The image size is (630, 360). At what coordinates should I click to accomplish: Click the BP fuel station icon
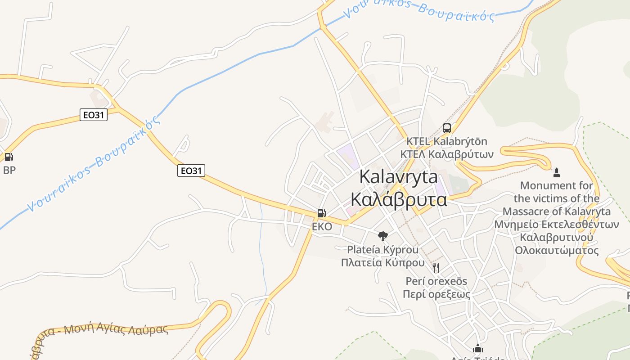click(x=9, y=157)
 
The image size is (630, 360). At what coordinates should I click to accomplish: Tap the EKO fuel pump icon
click(x=321, y=213)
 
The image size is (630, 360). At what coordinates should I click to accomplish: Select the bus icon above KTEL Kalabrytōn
click(x=446, y=128)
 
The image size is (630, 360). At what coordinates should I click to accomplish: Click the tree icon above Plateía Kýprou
click(x=382, y=235)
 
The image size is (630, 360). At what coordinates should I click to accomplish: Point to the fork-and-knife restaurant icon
click(x=436, y=268)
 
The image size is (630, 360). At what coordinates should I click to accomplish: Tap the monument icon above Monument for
click(x=556, y=172)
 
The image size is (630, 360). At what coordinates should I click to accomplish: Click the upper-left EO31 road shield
click(x=94, y=115)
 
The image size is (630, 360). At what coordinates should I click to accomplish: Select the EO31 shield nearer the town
click(x=191, y=171)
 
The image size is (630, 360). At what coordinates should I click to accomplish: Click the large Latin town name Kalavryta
click(x=398, y=176)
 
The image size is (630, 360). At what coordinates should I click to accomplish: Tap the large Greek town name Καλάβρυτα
click(x=398, y=199)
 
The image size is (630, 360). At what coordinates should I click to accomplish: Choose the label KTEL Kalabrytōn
click(x=446, y=141)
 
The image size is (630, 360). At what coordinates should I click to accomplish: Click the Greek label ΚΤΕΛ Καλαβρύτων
click(x=446, y=154)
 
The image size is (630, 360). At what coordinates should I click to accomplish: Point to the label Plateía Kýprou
click(x=382, y=249)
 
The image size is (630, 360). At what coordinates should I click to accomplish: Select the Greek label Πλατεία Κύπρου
click(x=382, y=262)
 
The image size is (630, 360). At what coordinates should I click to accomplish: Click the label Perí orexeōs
click(x=436, y=281)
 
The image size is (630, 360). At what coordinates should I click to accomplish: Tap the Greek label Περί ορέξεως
click(x=436, y=294)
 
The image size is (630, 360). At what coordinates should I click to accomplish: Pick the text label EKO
click(x=322, y=226)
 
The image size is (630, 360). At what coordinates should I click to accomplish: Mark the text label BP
click(x=9, y=170)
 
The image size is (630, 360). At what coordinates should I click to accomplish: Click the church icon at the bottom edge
click(x=477, y=348)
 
